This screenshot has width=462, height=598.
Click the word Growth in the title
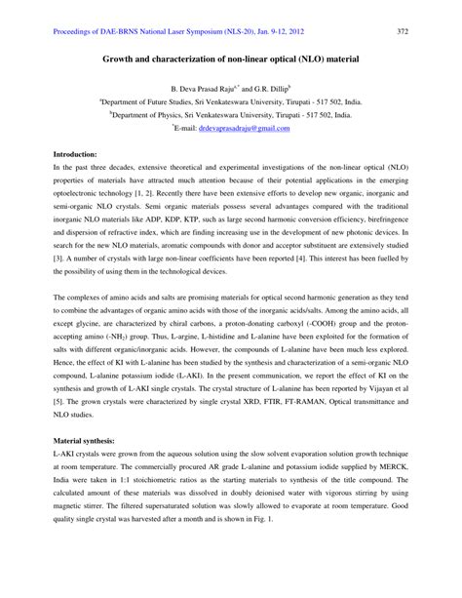pos(120,59)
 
